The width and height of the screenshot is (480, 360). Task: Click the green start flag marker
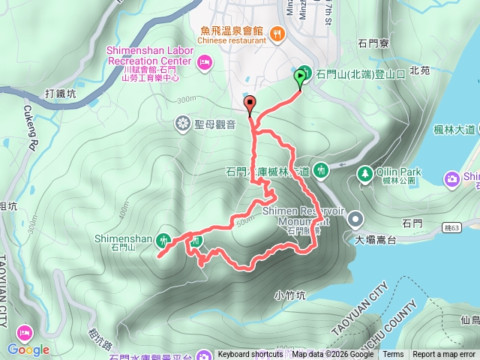coord(301,76)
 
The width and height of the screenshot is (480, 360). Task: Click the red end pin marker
coord(249,104)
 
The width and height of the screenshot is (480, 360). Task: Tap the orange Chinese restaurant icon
coord(277,32)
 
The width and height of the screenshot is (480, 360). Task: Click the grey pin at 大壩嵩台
coord(355,220)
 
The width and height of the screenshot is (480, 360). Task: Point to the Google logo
coord(28,349)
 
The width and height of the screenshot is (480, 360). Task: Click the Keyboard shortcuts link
coord(250,355)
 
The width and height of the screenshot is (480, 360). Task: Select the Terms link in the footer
coord(393,355)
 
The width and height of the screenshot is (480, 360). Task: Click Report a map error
coord(444,355)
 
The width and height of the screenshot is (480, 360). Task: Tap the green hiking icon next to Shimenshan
coord(165,241)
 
